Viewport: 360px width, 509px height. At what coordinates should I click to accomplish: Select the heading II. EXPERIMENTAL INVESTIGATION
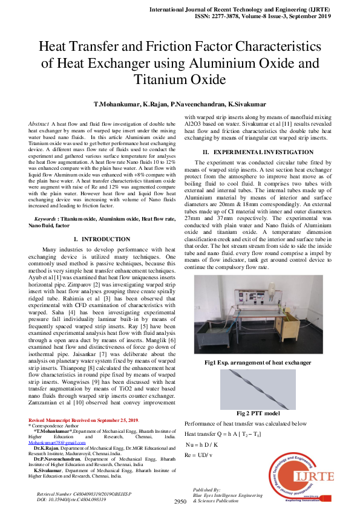pyautogui.click(x=249, y=151)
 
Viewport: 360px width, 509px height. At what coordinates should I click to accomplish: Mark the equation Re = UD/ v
pyautogui.click(x=198, y=455)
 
